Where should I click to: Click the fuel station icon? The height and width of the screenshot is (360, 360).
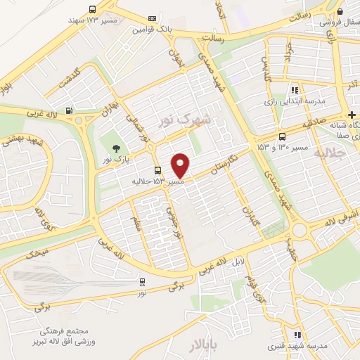click(x=68, y=110)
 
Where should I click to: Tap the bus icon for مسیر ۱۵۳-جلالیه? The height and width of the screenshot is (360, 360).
click(x=157, y=169)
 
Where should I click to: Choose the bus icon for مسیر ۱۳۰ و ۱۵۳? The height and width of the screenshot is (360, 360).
click(x=282, y=136)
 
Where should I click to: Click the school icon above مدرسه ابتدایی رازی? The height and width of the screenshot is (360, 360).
click(x=295, y=90)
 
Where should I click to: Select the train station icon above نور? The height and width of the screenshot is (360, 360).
click(x=142, y=281)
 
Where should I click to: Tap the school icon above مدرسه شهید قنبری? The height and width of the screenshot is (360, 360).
click(x=297, y=335)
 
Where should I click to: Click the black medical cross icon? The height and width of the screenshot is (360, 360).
click(x=352, y=115)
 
